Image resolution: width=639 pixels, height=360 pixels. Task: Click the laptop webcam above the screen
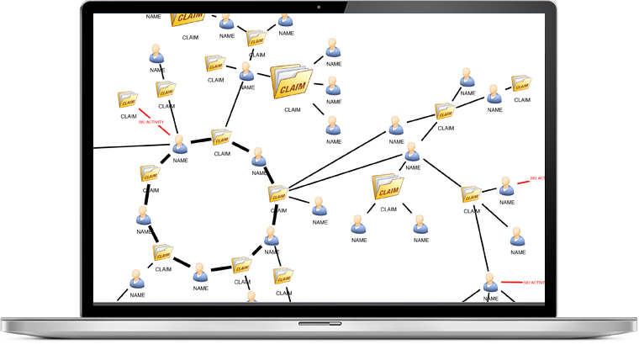[x=319, y=7]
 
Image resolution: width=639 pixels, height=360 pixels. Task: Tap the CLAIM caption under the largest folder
[x=292, y=109]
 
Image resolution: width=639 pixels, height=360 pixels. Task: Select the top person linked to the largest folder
[x=333, y=47]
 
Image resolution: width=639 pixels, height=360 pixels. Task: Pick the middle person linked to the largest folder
[x=333, y=86]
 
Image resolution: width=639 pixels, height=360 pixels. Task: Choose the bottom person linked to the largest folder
[x=333, y=126]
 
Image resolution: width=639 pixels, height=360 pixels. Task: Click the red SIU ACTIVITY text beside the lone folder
[x=151, y=122]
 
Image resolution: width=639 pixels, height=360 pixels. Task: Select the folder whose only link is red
[x=128, y=100]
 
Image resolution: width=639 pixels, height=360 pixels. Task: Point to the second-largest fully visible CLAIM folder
[x=388, y=187]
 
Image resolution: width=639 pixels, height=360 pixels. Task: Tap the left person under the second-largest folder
[x=359, y=224]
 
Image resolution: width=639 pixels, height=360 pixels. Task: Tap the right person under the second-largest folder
[x=418, y=224]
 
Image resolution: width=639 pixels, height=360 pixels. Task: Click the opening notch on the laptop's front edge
[x=319, y=322]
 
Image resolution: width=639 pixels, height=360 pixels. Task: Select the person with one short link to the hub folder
[x=319, y=207]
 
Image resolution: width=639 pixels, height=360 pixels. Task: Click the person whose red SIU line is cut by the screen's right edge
[x=506, y=186]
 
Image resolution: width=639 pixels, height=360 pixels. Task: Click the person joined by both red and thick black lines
[x=180, y=145]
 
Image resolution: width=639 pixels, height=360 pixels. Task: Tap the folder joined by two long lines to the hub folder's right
[x=445, y=111]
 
